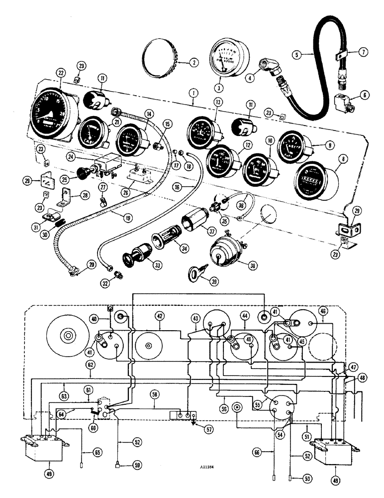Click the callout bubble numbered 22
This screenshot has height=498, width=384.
61,73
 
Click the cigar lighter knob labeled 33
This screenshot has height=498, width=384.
133,259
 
